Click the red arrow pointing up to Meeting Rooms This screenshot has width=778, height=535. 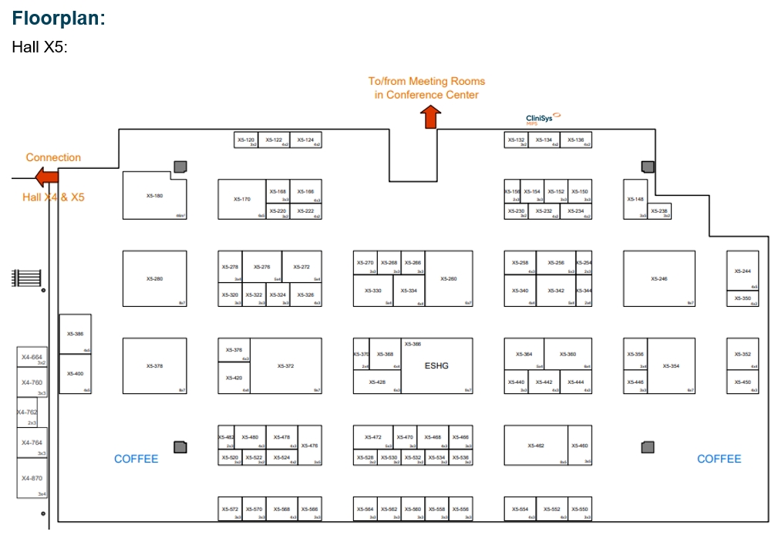tap(430, 116)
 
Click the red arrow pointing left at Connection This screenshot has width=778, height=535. tap(47, 177)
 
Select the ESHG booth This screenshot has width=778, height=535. tap(436, 366)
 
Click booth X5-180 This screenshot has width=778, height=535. tap(154, 196)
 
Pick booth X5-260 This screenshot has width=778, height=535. tap(449, 278)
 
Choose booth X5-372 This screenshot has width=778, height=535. tap(285, 366)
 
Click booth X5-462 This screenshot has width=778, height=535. tap(536, 446)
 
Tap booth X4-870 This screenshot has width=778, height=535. tap(32, 478)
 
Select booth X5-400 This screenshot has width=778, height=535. tap(75, 374)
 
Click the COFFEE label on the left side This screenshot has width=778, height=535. tap(136, 459)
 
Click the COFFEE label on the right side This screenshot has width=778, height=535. tap(719, 459)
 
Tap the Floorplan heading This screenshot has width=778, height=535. tap(59, 19)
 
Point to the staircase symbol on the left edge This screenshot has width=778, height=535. tap(25, 278)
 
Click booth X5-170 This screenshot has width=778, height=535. tap(242, 199)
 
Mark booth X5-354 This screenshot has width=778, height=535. tap(671, 366)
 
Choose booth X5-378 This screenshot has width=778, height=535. tap(154, 366)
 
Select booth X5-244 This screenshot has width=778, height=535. tap(742, 271)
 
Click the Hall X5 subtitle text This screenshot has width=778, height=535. tap(40, 47)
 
